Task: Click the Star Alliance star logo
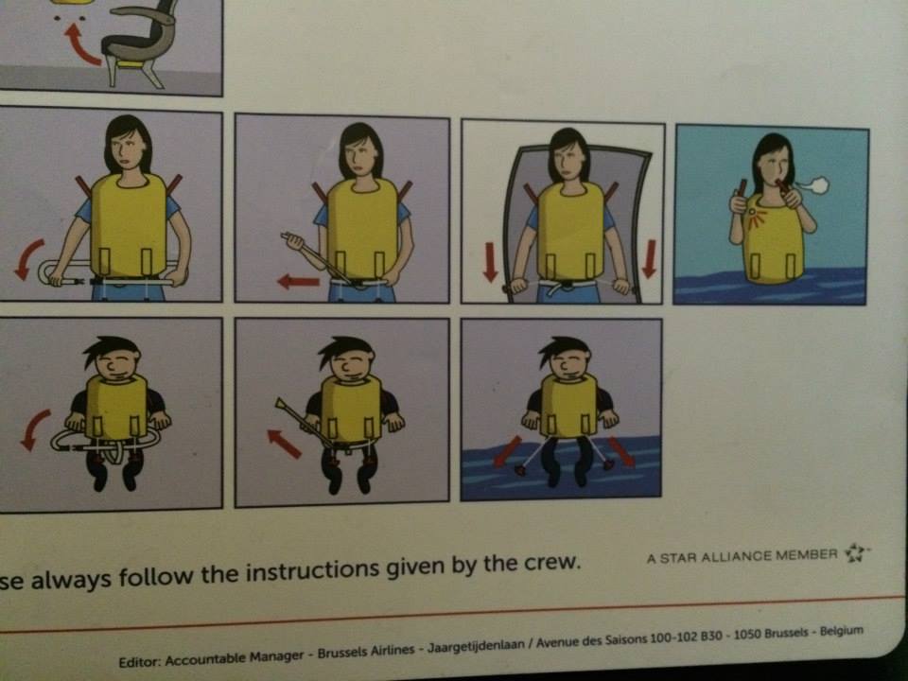pyautogui.click(x=856, y=553)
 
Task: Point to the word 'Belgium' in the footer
pyautogui.click(x=842, y=631)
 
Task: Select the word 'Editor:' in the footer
pyautogui.click(x=139, y=661)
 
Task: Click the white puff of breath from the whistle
pyautogui.click(x=813, y=186)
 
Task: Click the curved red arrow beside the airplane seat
pyautogui.click(x=81, y=45)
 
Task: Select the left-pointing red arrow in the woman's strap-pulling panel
pyautogui.click(x=298, y=282)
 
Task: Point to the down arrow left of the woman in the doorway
pyautogui.click(x=491, y=262)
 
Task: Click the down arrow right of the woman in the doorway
pyautogui.click(x=649, y=258)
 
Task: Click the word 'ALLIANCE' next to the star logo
pyautogui.click(x=737, y=556)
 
